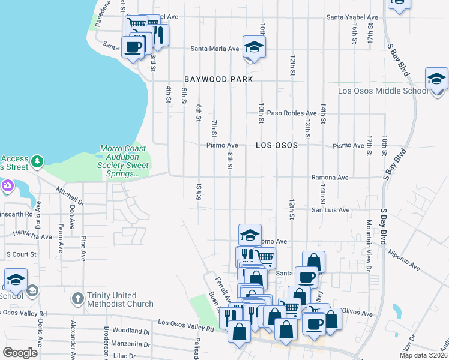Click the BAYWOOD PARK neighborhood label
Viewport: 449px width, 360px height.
pyautogui.click(x=218, y=79)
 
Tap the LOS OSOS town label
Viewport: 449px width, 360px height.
pyautogui.click(x=277, y=145)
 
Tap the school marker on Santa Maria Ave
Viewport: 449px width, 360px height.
pyautogui.click(x=254, y=48)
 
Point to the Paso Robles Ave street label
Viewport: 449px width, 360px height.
pyautogui.click(x=292, y=113)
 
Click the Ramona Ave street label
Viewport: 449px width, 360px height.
pyautogui.click(x=330, y=178)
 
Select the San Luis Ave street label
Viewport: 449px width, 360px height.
pyautogui.click(x=330, y=210)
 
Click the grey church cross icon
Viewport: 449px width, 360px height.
pyautogui.click(x=77, y=298)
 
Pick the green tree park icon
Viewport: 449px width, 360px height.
pyautogui.click(x=37, y=161)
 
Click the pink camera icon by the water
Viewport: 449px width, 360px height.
pyautogui.click(x=7, y=185)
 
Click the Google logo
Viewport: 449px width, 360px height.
pyautogui.click(x=20, y=353)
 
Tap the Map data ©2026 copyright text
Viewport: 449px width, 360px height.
pyautogui.click(x=423, y=355)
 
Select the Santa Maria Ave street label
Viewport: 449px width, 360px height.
pyautogui.click(x=215, y=49)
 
